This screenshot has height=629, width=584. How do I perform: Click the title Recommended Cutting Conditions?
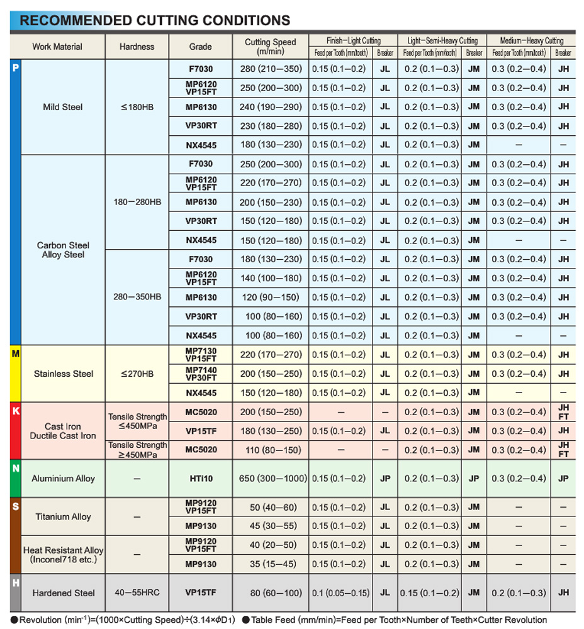click(x=155, y=21)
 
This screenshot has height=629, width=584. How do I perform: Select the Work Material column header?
click(x=57, y=47)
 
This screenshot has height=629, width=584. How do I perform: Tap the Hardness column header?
click(x=137, y=47)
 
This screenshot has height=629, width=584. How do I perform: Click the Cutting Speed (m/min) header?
click(x=270, y=47)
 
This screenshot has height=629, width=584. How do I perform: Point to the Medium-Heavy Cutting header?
click(x=531, y=40)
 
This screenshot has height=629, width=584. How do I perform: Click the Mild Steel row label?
click(x=63, y=107)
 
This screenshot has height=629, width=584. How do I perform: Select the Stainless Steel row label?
click(x=64, y=374)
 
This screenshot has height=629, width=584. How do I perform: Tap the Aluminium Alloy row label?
click(x=64, y=479)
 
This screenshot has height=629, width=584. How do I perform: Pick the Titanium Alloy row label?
click(x=64, y=516)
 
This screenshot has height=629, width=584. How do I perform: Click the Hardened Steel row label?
click(x=64, y=593)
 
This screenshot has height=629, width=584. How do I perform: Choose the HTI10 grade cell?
click(x=201, y=479)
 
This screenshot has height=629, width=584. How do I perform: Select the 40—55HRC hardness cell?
click(x=137, y=593)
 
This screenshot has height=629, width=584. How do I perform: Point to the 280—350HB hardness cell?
click(x=137, y=297)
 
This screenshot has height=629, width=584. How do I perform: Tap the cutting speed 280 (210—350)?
click(x=271, y=69)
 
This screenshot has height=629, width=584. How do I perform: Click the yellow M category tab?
click(x=16, y=354)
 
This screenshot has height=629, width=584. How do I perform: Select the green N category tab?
click(x=16, y=469)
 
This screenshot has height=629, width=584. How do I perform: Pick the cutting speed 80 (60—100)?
click(x=271, y=593)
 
